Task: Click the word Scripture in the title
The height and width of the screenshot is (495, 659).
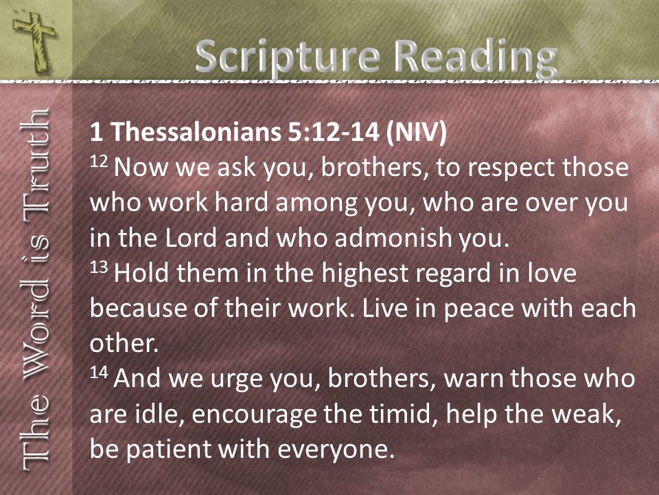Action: point(288,57)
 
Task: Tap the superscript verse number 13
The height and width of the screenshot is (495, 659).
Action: point(99,267)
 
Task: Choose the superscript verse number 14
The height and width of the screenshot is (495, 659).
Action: point(99,372)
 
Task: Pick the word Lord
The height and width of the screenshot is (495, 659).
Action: point(191,238)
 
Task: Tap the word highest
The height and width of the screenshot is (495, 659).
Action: point(365,274)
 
